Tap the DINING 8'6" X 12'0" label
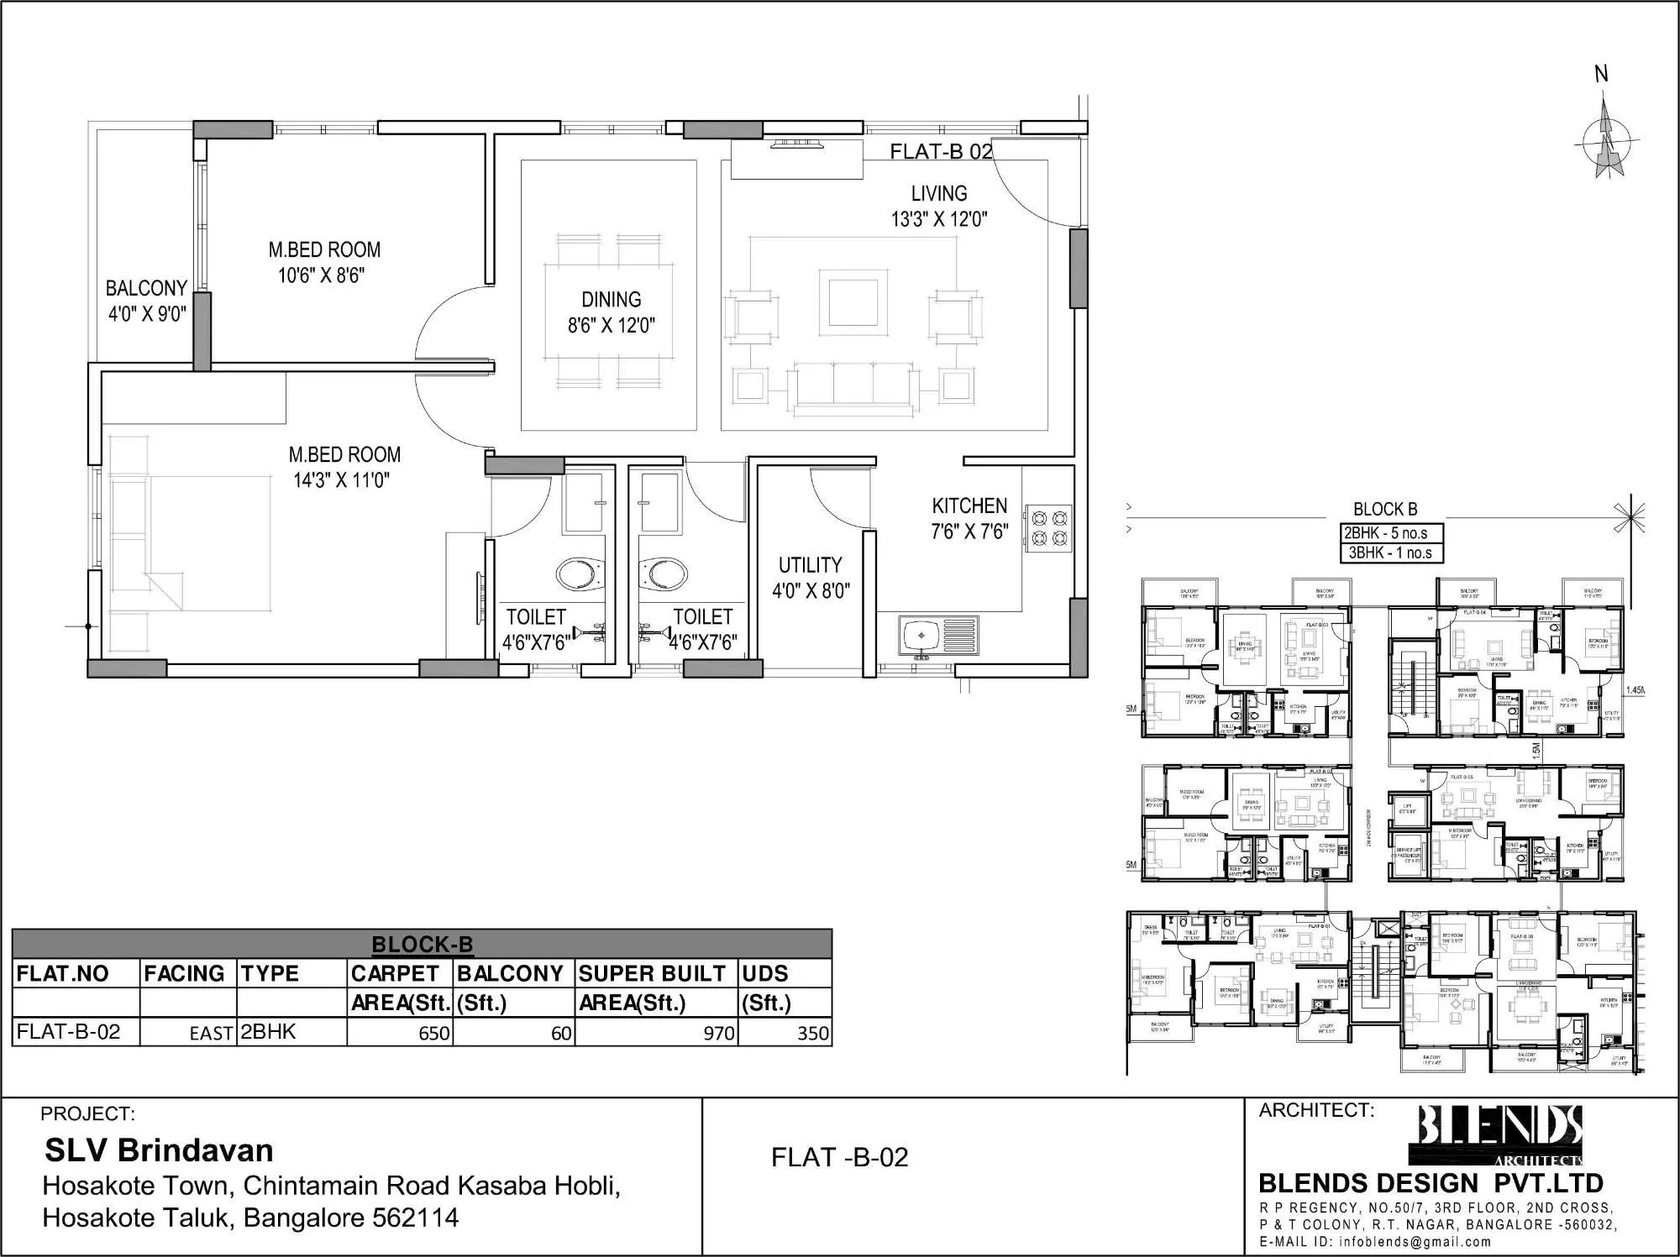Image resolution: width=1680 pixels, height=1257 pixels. point(611,312)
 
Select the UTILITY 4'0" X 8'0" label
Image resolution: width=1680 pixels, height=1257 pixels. point(810,577)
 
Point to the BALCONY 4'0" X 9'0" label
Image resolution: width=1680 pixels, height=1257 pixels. point(146,301)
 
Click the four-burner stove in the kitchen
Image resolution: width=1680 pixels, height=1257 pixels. point(1047,526)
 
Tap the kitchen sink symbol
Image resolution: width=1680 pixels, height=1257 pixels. point(938,636)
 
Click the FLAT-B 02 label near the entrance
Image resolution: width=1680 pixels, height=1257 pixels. point(941,152)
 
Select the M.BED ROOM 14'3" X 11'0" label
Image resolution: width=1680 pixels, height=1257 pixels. point(344,467)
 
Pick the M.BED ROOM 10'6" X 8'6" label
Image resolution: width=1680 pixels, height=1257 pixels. point(323,262)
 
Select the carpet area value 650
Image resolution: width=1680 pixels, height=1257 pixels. point(434,1034)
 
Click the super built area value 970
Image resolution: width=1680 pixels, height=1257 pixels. point(718,1034)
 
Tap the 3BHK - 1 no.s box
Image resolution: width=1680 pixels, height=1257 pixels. point(1389,553)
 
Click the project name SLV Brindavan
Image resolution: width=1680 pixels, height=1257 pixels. point(159,1150)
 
